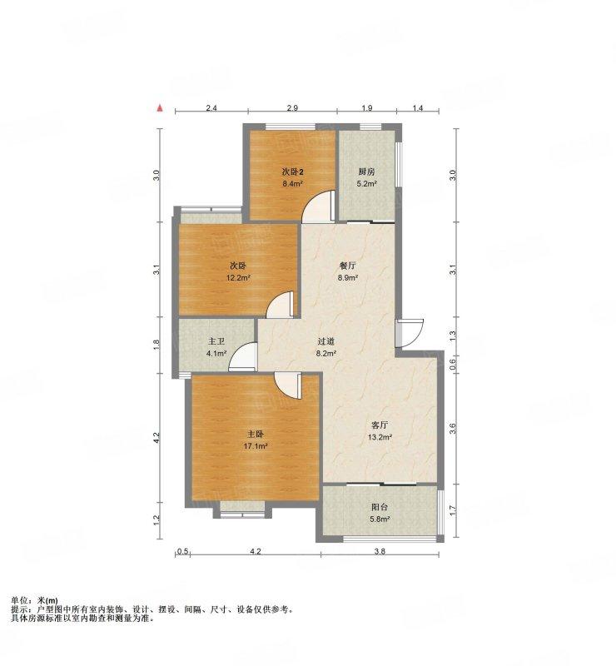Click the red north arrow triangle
[x=160, y=108]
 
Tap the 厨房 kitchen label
[x=366, y=172]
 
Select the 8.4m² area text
[x=293, y=184]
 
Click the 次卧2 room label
[x=293, y=172]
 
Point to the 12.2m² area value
[x=238, y=278]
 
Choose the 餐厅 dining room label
[x=347, y=266]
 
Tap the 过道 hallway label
[x=325, y=341]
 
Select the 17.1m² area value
[x=256, y=446]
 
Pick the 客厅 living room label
[x=380, y=425]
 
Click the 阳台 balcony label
[x=380, y=507]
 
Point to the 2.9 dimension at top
[x=292, y=108]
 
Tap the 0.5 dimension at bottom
[x=182, y=552]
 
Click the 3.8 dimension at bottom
[x=380, y=552]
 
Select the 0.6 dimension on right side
[x=453, y=364]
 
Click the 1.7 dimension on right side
[x=453, y=510]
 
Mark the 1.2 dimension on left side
[x=156, y=519]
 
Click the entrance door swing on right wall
[x=410, y=332]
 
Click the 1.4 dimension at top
[x=418, y=108]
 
